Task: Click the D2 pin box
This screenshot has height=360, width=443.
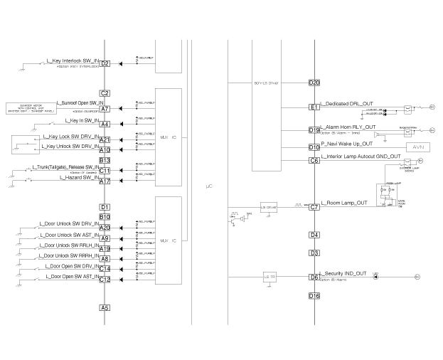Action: (x=105, y=64)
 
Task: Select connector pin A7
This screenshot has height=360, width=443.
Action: (x=105, y=109)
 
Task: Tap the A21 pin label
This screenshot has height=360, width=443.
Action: (x=105, y=140)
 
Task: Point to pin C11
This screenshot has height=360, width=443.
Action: (x=105, y=171)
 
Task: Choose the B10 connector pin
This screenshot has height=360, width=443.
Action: (x=105, y=217)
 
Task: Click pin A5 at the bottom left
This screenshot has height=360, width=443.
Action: (x=105, y=308)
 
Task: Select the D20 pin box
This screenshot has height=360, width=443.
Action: (x=314, y=83)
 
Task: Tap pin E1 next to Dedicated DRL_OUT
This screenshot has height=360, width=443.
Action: (x=314, y=107)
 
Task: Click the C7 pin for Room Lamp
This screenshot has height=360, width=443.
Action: (x=314, y=207)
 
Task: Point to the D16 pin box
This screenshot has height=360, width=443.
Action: (x=314, y=295)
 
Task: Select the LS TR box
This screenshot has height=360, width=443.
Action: (x=269, y=277)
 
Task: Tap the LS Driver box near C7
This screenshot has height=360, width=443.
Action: (x=269, y=207)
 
